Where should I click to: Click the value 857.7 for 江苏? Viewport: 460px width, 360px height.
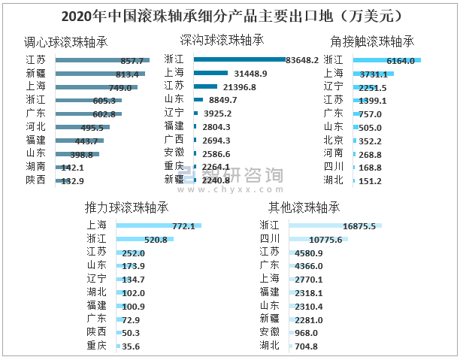[x=132, y=60]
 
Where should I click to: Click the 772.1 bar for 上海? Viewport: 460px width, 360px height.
[x=158, y=225]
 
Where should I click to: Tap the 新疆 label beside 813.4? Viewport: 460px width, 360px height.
[x=35, y=74]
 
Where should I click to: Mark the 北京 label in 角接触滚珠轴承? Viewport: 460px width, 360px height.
[x=333, y=140]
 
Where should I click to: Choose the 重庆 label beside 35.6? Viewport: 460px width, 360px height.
[x=96, y=346]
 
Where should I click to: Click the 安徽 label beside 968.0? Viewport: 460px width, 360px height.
[x=269, y=332]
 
